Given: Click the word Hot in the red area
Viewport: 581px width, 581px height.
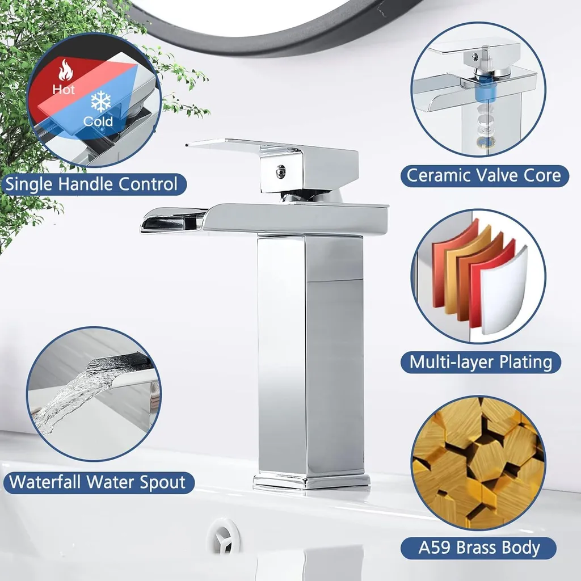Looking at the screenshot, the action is pyautogui.click(x=64, y=89).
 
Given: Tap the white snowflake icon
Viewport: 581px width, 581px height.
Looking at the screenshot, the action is pyautogui.click(x=101, y=102).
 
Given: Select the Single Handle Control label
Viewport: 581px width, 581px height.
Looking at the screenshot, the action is pyautogui.click(x=92, y=184).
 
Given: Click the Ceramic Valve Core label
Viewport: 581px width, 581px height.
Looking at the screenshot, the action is pyautogui.click(x=485, y=175).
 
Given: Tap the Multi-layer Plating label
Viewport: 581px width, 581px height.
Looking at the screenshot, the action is pyautogui.click(x=481, y=362).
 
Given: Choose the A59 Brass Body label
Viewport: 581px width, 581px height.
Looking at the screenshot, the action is pyautogui.click(x=478, y=548).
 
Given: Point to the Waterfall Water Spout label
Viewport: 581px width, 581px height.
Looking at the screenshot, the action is pyautogui.click(x=98, y=482).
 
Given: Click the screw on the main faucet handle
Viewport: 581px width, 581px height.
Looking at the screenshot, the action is pyautogui.click(x=280, y=171).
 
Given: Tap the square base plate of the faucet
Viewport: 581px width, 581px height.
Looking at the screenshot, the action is pyautogui.click(x=311, y=481).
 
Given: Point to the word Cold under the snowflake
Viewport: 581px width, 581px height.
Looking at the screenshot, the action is pyautogui.click(x=98, y=121).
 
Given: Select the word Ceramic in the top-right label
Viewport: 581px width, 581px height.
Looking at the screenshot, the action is pyautogui.click(x=437, y=175).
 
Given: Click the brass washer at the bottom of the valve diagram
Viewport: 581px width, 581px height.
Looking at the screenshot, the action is pyautogui.click(x=483, y=142).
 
